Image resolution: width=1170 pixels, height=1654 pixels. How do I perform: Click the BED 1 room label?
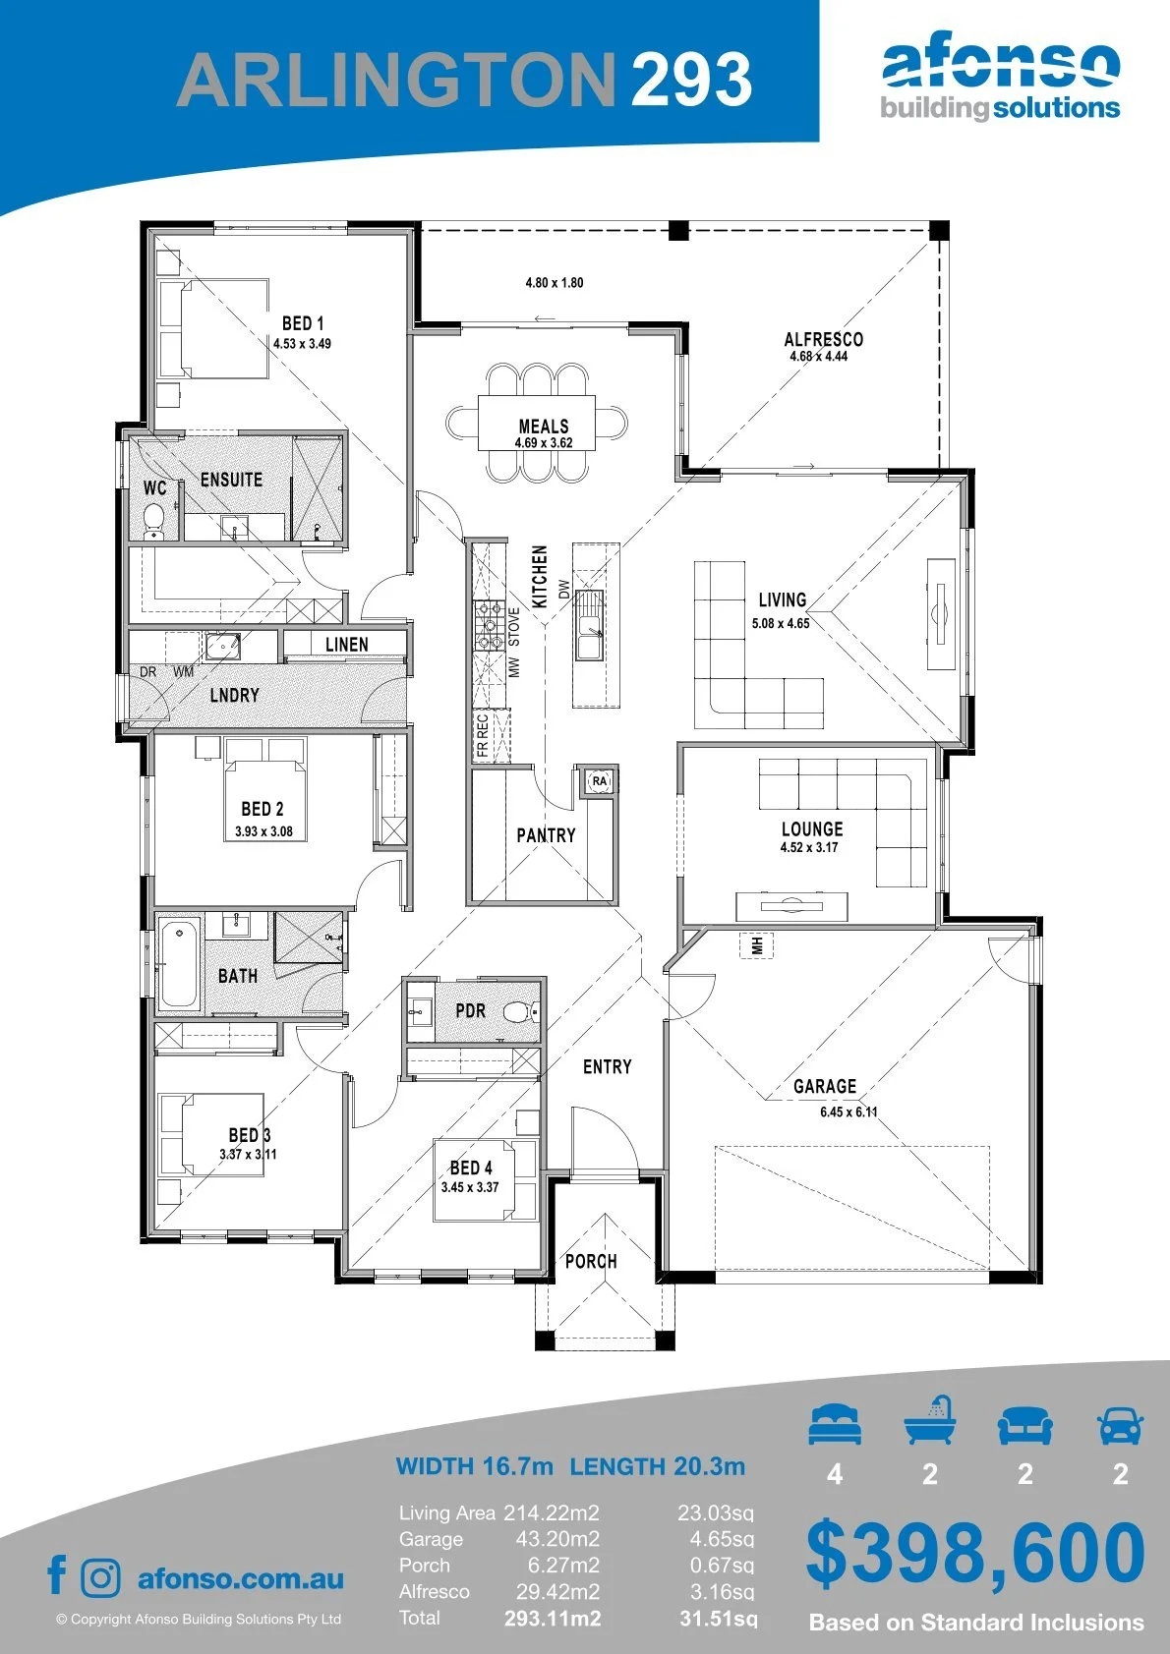303,322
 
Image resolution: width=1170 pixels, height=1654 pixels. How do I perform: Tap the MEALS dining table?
536,424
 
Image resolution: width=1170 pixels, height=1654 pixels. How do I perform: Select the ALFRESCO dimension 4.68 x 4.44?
818,356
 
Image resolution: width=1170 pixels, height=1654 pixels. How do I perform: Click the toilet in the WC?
153,520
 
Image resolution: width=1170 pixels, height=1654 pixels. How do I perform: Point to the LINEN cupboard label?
346,644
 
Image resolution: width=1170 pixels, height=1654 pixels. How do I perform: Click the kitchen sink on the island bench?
590,624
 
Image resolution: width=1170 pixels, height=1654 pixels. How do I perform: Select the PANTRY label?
546,835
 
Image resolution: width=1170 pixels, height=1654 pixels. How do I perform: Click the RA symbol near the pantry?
599,780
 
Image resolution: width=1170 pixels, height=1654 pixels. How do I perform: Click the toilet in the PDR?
521,1011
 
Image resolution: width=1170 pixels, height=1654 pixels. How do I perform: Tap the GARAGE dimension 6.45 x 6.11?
848,1112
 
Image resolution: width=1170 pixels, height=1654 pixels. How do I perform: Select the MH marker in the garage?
756,944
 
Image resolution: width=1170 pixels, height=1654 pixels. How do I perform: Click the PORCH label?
591,1261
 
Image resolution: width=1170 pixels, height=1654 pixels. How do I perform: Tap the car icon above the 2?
1121,1425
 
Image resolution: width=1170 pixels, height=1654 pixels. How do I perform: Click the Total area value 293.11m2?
553,1619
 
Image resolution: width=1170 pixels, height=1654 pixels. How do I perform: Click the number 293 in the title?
691,79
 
